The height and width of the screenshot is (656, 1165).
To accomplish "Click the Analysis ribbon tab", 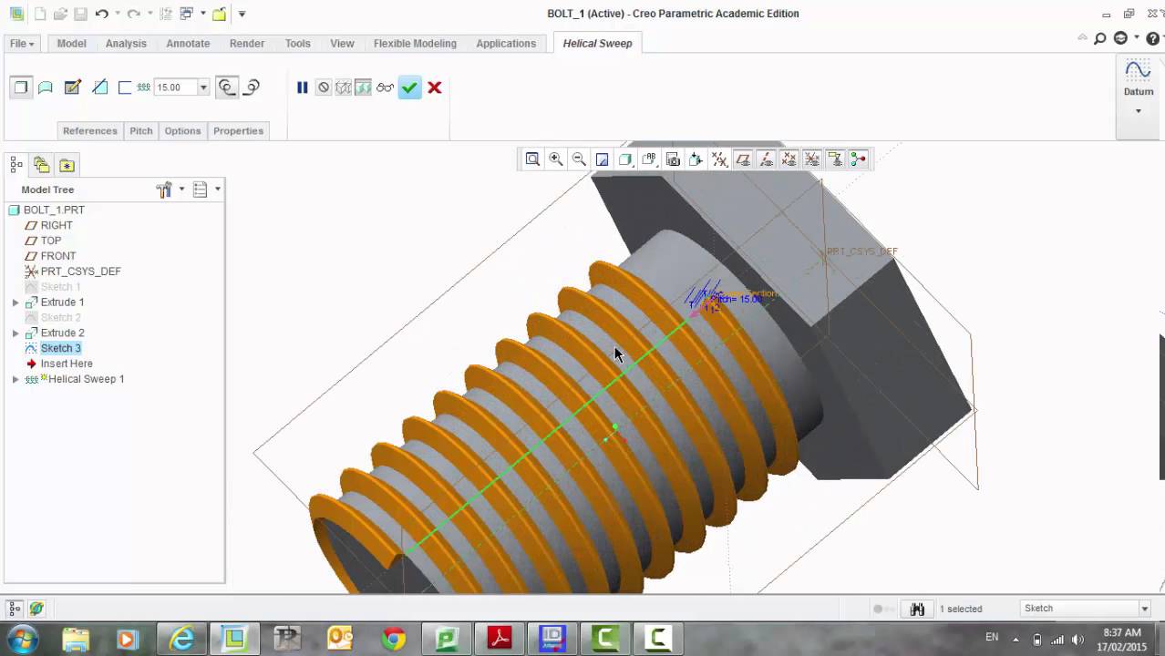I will click(126, 44).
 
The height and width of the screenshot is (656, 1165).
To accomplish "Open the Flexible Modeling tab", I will click(415, 44).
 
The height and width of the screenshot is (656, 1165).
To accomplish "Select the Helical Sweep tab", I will click(597, 44).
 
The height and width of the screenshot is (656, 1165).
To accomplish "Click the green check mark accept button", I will click(409, 87).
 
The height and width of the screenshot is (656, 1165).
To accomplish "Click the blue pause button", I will click(303, 87).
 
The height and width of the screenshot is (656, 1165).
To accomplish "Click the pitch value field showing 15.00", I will click(175, 87).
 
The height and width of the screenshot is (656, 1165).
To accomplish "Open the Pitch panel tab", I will click(141, 131).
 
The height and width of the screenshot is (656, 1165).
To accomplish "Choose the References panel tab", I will click(89, 131).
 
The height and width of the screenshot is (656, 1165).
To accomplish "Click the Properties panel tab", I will click(238, 131).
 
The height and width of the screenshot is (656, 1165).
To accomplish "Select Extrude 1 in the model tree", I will click(62, 302).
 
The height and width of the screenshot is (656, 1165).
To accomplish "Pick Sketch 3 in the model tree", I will click(60, 348).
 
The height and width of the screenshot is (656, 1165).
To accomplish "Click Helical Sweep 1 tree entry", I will click(86, 379).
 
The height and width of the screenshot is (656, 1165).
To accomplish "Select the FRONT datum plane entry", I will click(58, 256).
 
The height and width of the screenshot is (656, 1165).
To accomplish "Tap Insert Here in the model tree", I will click(67, 364).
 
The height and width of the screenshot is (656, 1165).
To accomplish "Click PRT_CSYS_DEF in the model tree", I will click(80, 272).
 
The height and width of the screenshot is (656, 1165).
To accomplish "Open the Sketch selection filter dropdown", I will click(1085, 609).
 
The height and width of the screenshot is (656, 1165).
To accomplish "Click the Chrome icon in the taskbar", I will click(394, 639).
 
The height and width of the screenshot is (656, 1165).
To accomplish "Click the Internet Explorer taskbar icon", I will click(182, 639).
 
